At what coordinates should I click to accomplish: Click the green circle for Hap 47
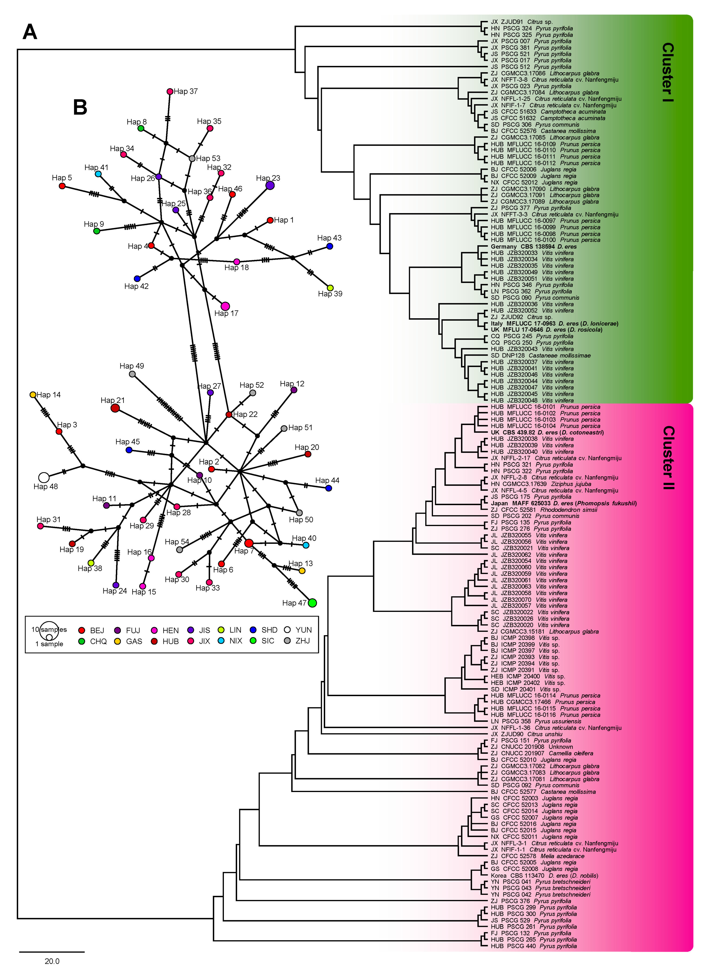coord(312,603)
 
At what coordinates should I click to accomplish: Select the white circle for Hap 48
coord(44,477)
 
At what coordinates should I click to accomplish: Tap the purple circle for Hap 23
coord(270,185)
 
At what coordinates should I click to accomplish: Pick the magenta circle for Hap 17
coord(225,306)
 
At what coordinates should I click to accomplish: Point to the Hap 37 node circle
coord(170,91)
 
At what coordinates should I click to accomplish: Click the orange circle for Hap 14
coord(33,395)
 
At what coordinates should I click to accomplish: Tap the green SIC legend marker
coord(253,640)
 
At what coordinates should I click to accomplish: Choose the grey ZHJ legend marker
coord(288,640)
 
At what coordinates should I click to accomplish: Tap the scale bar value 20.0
coord(52,961)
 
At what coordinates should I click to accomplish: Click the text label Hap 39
coord(330,294)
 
